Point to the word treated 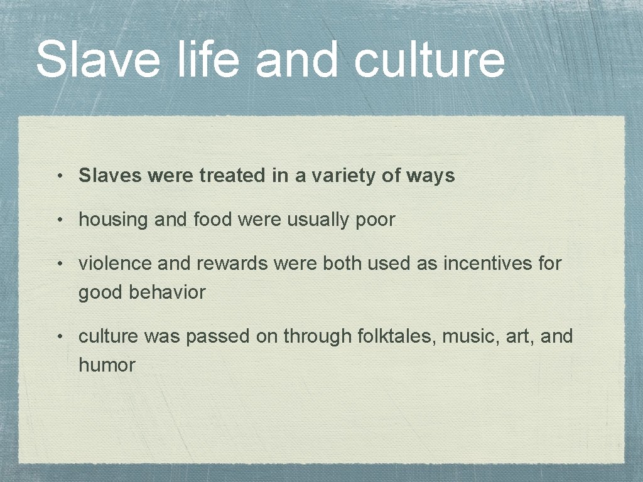point(233,176)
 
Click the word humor point(107,365)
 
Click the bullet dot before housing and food point(58,221)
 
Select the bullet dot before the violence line point(58,264)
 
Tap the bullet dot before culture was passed point(58,337)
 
